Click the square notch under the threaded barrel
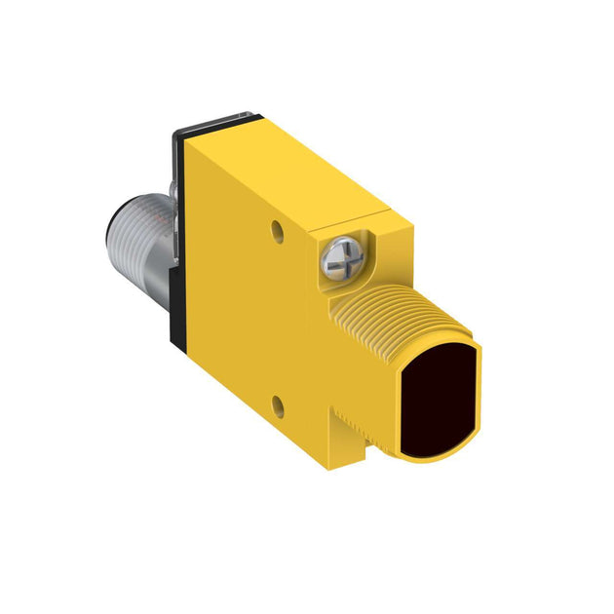345,424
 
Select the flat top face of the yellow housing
292,171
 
